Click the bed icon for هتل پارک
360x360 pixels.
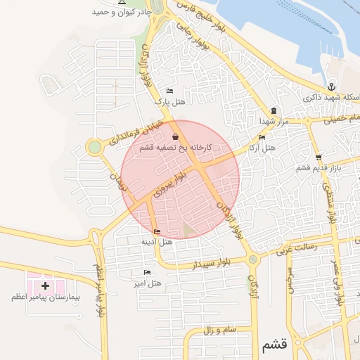[169, 91]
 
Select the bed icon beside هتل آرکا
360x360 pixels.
[262, 137]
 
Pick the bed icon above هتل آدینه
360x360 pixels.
[156, 232]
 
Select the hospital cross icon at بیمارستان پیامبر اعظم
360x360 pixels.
[46, 286]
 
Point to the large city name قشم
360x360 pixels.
[274, 345]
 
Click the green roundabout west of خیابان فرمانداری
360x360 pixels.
[94, 147]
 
